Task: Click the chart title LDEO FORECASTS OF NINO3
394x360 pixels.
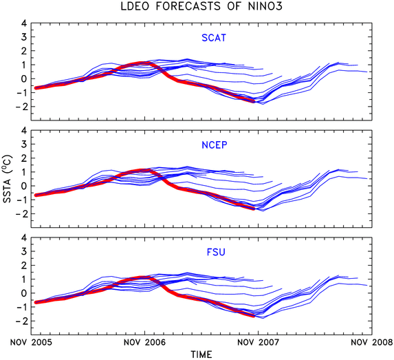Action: pyautogui.click(x=201, y=6)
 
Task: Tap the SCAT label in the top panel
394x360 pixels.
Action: pyautogui.click(x=214, y=38)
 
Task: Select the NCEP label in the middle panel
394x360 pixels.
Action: pyautogui.click(x=215, y=145)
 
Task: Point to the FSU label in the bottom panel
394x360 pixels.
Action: pyautogui.click(x=216, y=252)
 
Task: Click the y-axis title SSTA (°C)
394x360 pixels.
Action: pyautogui.click(x=8, y=179)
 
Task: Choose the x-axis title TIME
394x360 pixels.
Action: pyautogui.click(x=201, y=354)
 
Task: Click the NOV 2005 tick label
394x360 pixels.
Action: pyautogui.click(x=31, y=342)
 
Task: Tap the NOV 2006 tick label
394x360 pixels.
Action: pyautogui.click(x=144, y=342)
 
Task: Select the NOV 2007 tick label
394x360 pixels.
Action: pyautogui.click(x=258, y=342)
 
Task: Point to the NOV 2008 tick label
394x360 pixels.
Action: pyautogui.click(x=371, y=342)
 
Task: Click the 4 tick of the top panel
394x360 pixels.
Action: pyautogui.click(x=24, y=23)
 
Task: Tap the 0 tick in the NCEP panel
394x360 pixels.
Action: pyautogui.click(x=24, y=186)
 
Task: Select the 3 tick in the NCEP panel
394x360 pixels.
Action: pyautogui.click(x=24, y=144)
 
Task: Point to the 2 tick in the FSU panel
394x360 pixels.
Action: pyautogui.click(x=24, y=265)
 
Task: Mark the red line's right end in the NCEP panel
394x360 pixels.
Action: pyautogui.click(x=254, y=209)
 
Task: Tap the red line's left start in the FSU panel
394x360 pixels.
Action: pyautogui.click(x=36, y=302)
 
